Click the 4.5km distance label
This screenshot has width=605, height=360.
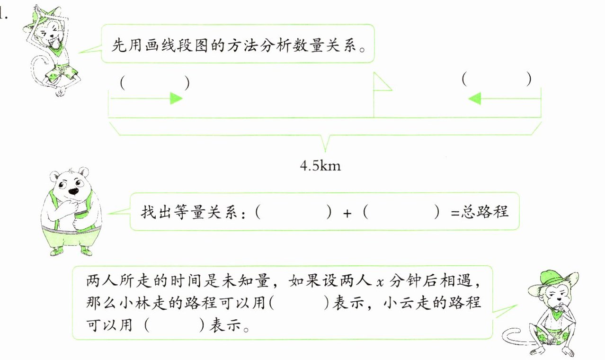coord(320,166)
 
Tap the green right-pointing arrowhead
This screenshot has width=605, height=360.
coord(176,98)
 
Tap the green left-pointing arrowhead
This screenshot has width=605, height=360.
coord(474,98)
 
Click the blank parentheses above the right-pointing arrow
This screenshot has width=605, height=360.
coord(155,83)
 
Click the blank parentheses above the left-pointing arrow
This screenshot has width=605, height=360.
coord(497,79)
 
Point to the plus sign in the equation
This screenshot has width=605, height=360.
coord(347,213)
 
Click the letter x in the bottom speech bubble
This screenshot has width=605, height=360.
coord(379,283)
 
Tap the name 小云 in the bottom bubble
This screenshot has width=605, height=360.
coord(395,303)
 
